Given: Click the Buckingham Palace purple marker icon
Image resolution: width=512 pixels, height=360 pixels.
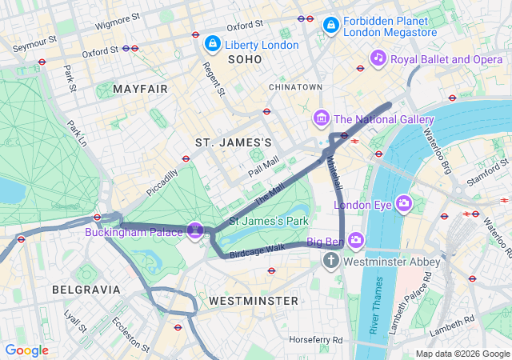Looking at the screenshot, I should point(194,230).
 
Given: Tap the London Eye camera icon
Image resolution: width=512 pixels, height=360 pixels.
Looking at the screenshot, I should point(403,204).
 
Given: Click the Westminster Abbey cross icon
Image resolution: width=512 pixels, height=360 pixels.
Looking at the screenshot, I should point(331,261).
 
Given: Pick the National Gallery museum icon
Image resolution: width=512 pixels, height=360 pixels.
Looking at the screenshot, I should point(322,119).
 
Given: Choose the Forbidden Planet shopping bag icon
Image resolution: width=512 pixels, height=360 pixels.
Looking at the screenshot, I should point(330,26).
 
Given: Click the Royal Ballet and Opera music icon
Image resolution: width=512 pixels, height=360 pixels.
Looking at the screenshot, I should point(379,58).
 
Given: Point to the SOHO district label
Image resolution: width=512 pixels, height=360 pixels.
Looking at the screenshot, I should point(245,59).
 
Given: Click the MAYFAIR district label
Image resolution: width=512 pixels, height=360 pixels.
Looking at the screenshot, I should point(141,89).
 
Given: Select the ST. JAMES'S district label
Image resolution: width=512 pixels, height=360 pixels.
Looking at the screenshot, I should point(234,142).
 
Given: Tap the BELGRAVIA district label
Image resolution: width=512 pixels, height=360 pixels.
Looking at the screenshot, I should point(86,289).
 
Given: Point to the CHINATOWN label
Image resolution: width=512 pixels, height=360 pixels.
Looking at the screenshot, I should point(295,86).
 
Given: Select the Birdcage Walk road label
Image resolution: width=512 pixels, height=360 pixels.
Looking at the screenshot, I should point(257,249).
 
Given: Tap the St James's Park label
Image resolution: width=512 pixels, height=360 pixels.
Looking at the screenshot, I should point(269,220).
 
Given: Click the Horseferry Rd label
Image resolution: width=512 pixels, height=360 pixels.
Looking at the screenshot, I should point(316,339).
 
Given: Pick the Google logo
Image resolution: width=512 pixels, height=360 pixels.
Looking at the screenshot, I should point(26,350).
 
